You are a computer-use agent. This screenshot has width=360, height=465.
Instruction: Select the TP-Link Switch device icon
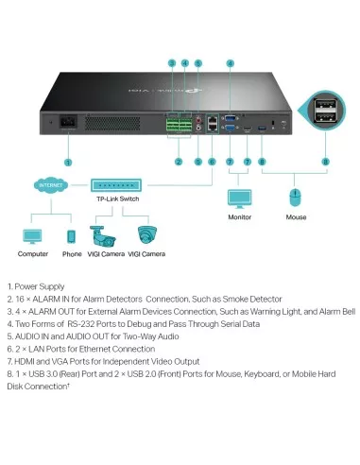tap(117, 187)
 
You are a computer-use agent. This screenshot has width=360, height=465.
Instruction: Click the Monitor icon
tap(239, 198)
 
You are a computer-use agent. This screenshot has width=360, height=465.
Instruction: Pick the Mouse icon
tap(295, 197)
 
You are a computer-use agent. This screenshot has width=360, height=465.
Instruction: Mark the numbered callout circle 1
tap(67, 162)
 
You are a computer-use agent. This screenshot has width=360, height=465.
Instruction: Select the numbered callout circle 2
tap(178, 162)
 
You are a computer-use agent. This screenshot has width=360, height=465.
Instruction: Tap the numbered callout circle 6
tap(213, 162)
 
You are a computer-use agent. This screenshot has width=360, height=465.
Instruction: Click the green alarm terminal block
tap(178, 123)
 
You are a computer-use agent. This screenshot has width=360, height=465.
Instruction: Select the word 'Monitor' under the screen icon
tap(239, 217)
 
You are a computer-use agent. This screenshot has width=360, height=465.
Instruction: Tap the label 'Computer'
tap(31, 254)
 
